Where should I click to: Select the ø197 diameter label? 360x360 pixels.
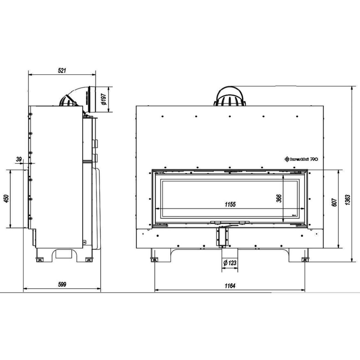[104, 99]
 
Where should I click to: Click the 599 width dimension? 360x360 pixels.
[62, 284]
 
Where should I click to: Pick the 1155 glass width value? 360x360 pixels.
[230, 204]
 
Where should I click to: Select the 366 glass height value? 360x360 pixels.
[279, 198]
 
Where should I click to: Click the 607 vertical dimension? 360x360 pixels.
[334, 202]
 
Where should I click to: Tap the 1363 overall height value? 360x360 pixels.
[348, 199]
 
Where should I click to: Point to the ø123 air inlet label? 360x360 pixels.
[230, 263]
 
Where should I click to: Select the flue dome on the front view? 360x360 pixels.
[230, 97]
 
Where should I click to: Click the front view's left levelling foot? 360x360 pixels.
[154, 259]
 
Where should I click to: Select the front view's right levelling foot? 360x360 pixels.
[305, 259]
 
